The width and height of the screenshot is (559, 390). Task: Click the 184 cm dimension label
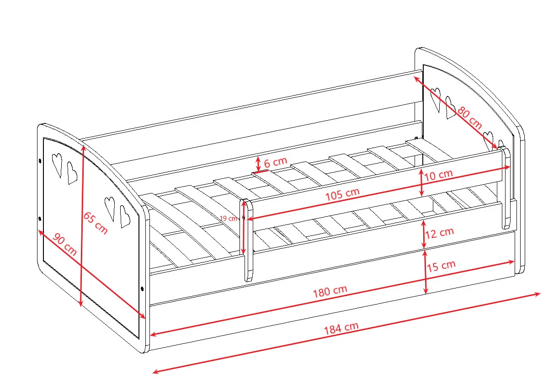(341, 328)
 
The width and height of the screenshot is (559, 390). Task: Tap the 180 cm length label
(330, 291)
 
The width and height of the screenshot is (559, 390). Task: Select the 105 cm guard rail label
(342, 194)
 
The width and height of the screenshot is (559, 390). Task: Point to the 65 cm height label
(96, 223)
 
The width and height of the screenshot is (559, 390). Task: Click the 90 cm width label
(64, 244)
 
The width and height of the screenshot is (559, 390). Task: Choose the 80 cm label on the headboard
(469, 118)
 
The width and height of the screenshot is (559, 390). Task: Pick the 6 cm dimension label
(276, 162)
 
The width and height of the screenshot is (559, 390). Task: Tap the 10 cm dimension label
(438, 175)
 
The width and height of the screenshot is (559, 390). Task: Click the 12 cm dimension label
(439, 233)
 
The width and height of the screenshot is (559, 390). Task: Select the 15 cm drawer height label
(441, 266)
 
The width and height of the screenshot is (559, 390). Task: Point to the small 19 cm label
(229, 219)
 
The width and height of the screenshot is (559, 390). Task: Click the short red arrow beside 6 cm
(258, 164)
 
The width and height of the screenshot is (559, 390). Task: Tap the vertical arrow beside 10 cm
(421, 182)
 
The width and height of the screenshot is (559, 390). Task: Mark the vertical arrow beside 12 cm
(424, 235)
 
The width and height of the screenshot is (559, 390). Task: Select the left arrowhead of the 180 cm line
(154, 334)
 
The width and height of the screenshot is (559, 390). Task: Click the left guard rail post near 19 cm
(246, 240)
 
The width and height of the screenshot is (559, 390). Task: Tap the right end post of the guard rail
(506, 188)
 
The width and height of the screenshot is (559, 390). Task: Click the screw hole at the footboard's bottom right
(142, 289)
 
